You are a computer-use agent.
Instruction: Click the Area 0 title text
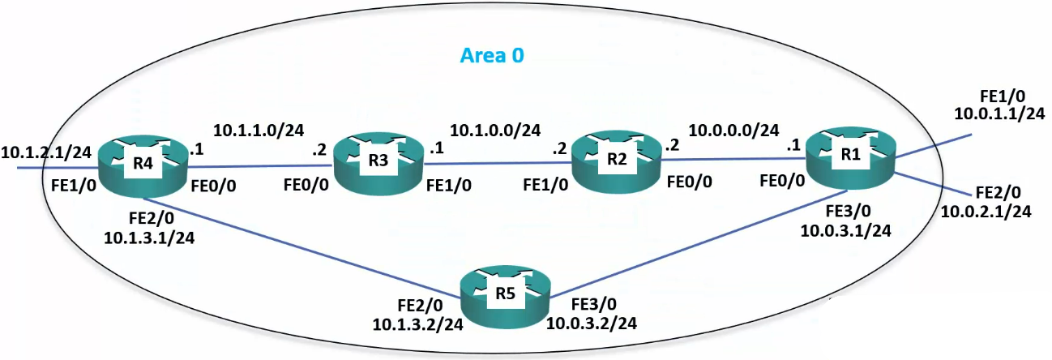tap(493, 56)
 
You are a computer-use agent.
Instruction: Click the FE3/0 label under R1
tap(845, 212)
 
